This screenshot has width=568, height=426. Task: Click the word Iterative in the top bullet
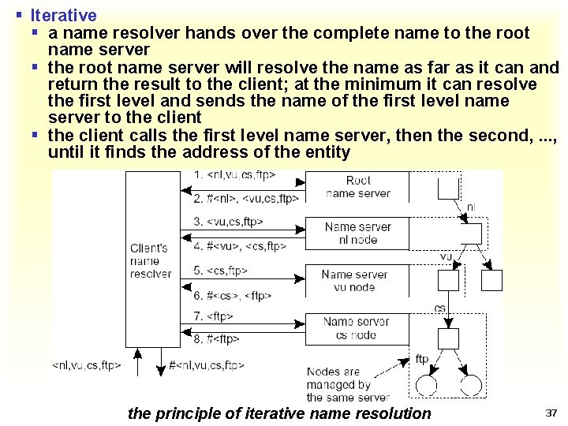click(x=63, y=15)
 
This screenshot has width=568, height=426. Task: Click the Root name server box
click(x=357, y=186)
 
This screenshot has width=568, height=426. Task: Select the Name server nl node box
click(x=357, y=234)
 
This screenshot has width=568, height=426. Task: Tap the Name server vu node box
click(x=354, y=281)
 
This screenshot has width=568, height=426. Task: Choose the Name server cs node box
click(x=356, y=328)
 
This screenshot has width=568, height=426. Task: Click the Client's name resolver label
click(x=151, y=261)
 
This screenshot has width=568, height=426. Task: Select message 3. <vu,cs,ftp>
click(x=228, y=222)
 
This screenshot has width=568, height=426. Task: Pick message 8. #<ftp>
click(x=216, y=340)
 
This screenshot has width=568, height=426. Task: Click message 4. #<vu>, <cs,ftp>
click(x=240, y=245)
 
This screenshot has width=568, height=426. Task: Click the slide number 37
click(x=551, y=413)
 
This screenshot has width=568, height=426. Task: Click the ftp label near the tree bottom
click(x=422, y=360)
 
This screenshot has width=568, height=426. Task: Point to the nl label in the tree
click(x=470, y=207)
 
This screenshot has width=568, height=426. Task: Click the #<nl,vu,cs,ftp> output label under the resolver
click(x=207, y=365)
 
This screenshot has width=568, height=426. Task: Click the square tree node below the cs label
click(x=448, y=338)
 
